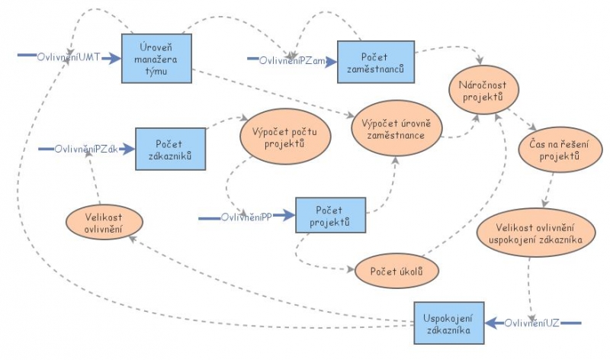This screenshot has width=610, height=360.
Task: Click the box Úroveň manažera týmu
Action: point(157,58)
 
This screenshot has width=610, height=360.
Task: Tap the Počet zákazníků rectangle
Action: point(171,149)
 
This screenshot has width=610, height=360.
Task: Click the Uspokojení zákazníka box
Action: point(448,323)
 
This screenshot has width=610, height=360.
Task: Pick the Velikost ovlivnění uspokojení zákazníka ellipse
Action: point(535,235)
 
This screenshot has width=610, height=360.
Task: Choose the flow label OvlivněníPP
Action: point(246,217)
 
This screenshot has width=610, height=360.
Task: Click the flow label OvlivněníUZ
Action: point(532,323)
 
